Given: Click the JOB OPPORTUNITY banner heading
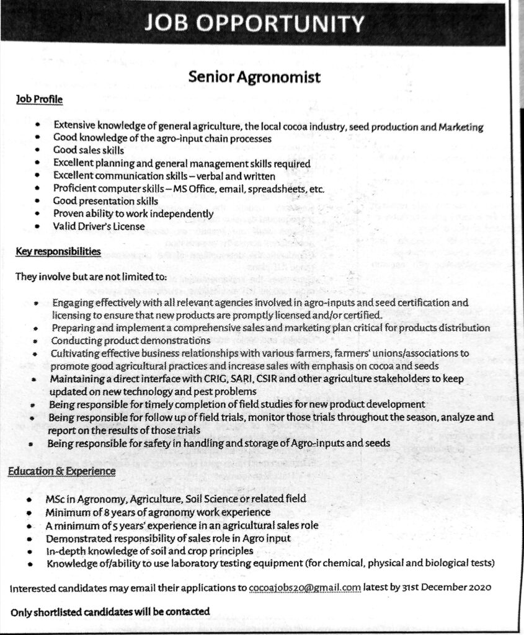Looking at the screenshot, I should (x=255, y=24).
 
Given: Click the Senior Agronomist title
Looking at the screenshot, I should (x=254, y=78).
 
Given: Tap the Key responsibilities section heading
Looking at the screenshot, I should (x=58, y=252).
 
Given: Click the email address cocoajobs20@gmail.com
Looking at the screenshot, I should (x=304, y=585).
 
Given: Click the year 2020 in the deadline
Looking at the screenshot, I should (x=481, y=585).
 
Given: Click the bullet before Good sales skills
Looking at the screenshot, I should (x=38, y=151).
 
